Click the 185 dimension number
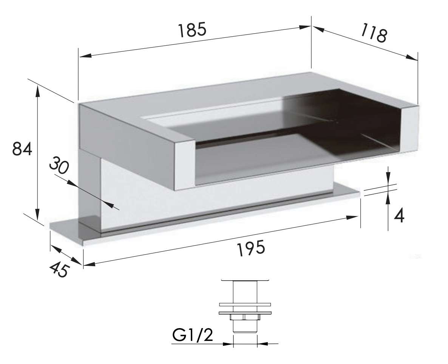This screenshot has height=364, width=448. tap(192, 30)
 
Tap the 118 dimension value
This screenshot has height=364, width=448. tap(374, 32)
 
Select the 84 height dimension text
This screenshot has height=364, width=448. tap(22, 149)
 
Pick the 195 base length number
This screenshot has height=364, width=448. tap(251, 248)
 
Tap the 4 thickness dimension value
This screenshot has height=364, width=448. tap(399, 216)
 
